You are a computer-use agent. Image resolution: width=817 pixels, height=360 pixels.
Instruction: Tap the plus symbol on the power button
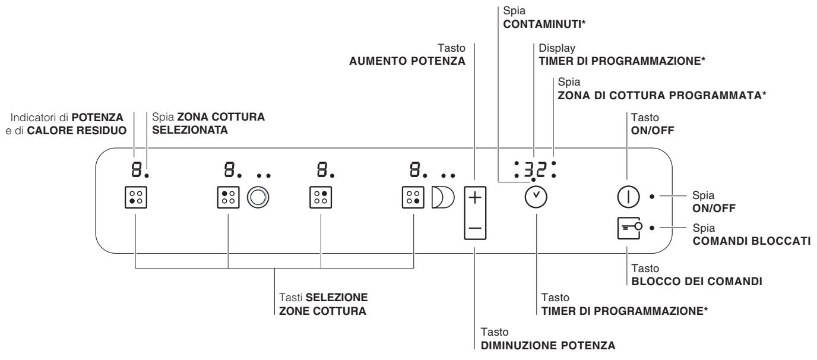pyautogui.click(x=474, y=198)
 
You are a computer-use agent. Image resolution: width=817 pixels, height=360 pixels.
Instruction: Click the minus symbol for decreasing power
pyautogui.click(x=474, y=228)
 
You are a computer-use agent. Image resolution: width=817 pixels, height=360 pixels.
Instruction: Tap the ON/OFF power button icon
pyautogui.click(x=627, y=195)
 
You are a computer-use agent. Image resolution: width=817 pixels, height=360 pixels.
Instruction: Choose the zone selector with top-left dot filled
pyautogui.click(x=228, y=197)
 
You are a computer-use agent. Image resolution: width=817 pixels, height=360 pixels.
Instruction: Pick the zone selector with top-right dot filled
pyautogui.click(x=321, y=197)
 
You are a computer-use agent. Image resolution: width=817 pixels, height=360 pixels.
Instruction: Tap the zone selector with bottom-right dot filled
pyautogui.click(x=413, y=197)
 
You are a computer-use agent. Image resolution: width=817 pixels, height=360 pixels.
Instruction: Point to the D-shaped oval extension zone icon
pyautogui.click(x=442, y=197)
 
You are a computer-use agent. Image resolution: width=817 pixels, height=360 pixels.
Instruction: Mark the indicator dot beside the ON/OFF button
pyautogui.click(x=653, y=195)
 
